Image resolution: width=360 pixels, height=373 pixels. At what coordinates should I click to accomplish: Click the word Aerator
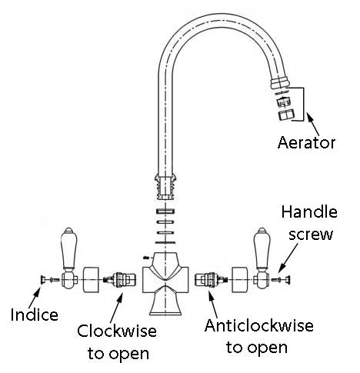[306, 142]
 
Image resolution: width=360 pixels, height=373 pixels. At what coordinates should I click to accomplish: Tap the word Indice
[35, 315]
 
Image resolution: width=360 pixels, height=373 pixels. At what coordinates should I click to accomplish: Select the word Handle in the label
[309, 212]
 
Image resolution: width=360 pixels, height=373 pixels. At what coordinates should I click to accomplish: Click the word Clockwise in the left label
[117, 331]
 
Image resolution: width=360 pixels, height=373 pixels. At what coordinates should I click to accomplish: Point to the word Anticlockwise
[259, 325]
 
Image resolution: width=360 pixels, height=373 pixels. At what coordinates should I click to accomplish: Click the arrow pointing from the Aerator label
[313, 125]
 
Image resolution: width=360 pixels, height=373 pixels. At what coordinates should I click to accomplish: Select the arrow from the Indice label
[35, 298]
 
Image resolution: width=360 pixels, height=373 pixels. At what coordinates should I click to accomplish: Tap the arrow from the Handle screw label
[288, 258]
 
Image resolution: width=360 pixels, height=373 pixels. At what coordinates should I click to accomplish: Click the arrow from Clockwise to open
[117, 307]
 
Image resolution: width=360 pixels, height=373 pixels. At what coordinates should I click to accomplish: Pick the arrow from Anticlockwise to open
[213, 305]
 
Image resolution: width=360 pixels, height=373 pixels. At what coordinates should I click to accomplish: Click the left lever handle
[68, 258]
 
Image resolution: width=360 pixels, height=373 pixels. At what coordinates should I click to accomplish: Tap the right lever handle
[262, 258]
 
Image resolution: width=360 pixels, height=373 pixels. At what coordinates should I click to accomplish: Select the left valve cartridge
[119, 279]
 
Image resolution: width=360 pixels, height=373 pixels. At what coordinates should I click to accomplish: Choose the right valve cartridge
[212, 279]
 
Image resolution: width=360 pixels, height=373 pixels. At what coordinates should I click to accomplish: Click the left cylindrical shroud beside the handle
[91, 280]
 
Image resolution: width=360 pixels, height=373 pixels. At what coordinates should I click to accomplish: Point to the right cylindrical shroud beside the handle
[240, 280]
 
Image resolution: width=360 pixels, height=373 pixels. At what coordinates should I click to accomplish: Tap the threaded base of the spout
[165, 188]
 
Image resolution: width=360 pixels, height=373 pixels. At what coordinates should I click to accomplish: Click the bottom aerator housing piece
[286, 115]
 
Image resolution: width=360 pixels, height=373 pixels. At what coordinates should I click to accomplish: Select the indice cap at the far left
[42, 280]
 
